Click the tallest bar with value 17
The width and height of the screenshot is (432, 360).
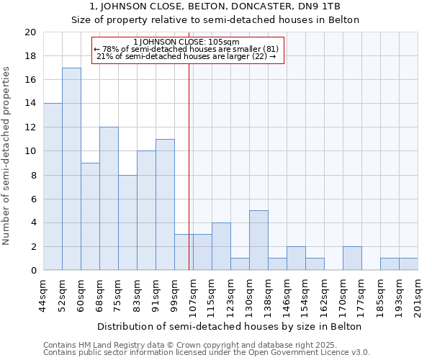pyautogui.click(x=71, y=169)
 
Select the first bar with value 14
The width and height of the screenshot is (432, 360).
pyautogui.click(x=53, y=187)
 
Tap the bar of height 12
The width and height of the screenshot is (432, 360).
pyautogui.click(x=109, y=199)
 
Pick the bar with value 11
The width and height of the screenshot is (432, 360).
pyautogui.click(x=165, y=204)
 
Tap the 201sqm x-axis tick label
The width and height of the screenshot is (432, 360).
pyautogui.click(x=418, y=295)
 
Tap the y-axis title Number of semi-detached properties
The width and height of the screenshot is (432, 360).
pyautogui.click(x=7, y=156)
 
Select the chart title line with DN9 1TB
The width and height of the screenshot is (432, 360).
pyautogui.click(x=215, y=6)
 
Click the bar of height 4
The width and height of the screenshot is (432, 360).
pyautogui.click(x=221, y=246)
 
